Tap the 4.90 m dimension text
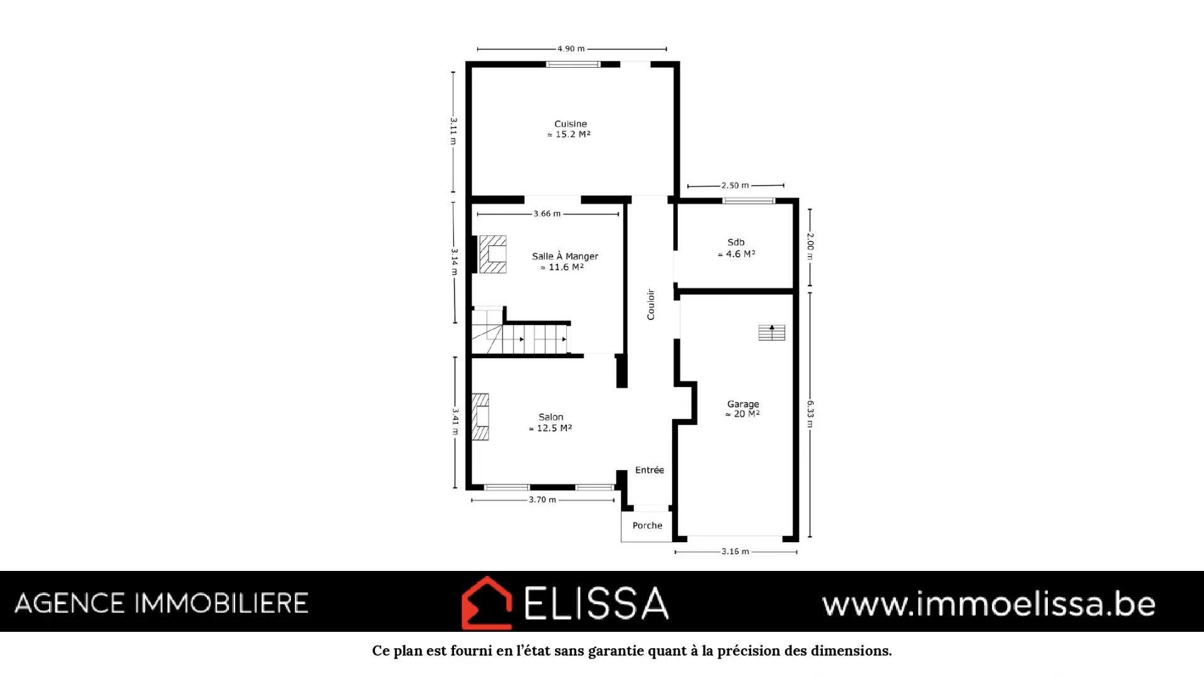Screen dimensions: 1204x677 pyautogui.click(x=571, y=49)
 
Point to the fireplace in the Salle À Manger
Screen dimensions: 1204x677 pyautogui.click(x=492, y=254)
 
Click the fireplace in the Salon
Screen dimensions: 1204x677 pyautogui.click(x=480, y=417)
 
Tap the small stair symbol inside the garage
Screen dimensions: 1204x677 pyautogui.click(x=771, y=333)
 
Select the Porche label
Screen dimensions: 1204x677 pyautogui.click(x=647, y=526)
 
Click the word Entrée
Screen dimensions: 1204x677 pyautogui.click(x=650, y=470)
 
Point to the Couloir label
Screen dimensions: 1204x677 pyautogui.click(x=651, y=304)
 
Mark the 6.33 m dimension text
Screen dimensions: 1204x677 pyautogui.click(x=810, y=414)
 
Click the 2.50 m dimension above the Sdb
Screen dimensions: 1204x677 pyautogui.click(x=735, y=186)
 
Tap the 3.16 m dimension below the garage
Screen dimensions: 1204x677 pyautogui.click(x=735, y=552)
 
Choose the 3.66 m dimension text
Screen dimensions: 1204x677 pyautogui.click(x=547, y=214)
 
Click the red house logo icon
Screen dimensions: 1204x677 pyautogui.click(x=487, y=603)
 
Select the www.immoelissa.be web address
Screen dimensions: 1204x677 pyautogui.click(x=989, y=604)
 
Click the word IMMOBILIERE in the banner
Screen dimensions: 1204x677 pyautogui.click(x=222, y=604)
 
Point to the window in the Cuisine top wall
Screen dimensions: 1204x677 pyautogui.click(x=573, y=64)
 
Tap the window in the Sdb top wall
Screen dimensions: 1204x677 pyautogui.click(x=749, y=201)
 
